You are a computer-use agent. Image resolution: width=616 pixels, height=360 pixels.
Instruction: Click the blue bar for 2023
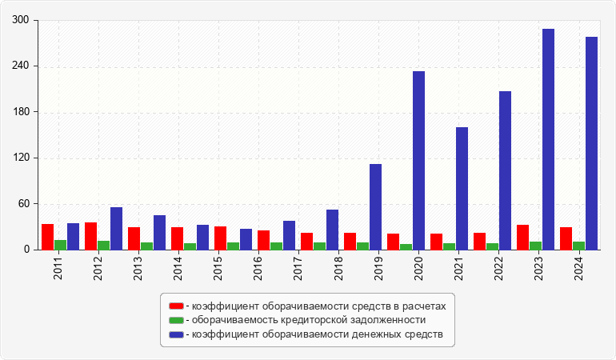point(548,139)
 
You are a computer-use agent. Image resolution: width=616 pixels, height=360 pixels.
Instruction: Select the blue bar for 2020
point(418,160)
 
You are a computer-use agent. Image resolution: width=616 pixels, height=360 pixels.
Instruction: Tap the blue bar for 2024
point(591,143)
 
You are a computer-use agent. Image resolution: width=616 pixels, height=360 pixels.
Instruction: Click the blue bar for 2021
point(462,188)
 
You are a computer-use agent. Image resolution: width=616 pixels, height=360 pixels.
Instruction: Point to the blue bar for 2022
point(505,170)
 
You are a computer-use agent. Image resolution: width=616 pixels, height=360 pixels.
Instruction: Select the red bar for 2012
point(90,236)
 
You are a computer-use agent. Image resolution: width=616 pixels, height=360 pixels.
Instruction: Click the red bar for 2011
point(47,237)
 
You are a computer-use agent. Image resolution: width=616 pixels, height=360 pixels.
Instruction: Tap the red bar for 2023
point(522,237)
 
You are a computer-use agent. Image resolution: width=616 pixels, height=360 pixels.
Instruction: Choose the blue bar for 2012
point(116,228)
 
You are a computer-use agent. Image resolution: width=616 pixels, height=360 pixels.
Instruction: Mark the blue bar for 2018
point(332,230)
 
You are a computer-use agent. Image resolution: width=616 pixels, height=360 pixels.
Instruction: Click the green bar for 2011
point(60,245)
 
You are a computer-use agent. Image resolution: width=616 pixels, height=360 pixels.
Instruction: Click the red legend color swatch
point(176,306)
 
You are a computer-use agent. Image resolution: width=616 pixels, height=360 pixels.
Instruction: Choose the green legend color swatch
point(176,320)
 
